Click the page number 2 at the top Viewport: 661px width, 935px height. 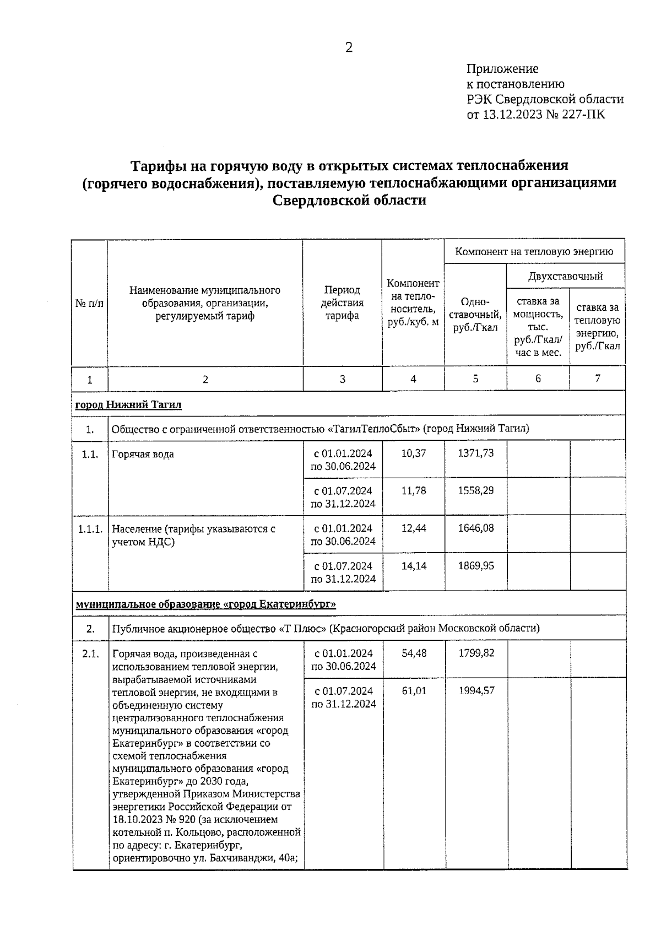[349, 48]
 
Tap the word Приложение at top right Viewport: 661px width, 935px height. [502, 69]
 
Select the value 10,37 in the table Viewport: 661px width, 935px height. [413, 453]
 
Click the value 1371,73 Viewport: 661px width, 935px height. [476, 453]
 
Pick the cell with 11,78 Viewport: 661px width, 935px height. [413, 490]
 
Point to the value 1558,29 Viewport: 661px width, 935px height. [476, 490]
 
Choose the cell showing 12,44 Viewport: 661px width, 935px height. [413, 528]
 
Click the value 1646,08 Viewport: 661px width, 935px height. [476, 528]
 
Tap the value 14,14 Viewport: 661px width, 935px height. [413, 565]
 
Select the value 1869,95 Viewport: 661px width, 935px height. [476, 565]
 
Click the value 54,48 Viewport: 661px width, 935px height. [414, 653]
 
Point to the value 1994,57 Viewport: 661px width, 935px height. [476, 690]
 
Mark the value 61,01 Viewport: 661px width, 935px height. [414, 690]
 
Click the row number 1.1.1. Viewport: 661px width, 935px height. [90, 529]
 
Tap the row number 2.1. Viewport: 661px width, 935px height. [90, 654]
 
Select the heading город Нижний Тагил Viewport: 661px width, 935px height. [128, 405]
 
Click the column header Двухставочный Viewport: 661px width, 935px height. [565, 276]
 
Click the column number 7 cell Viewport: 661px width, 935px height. [597, 378]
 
